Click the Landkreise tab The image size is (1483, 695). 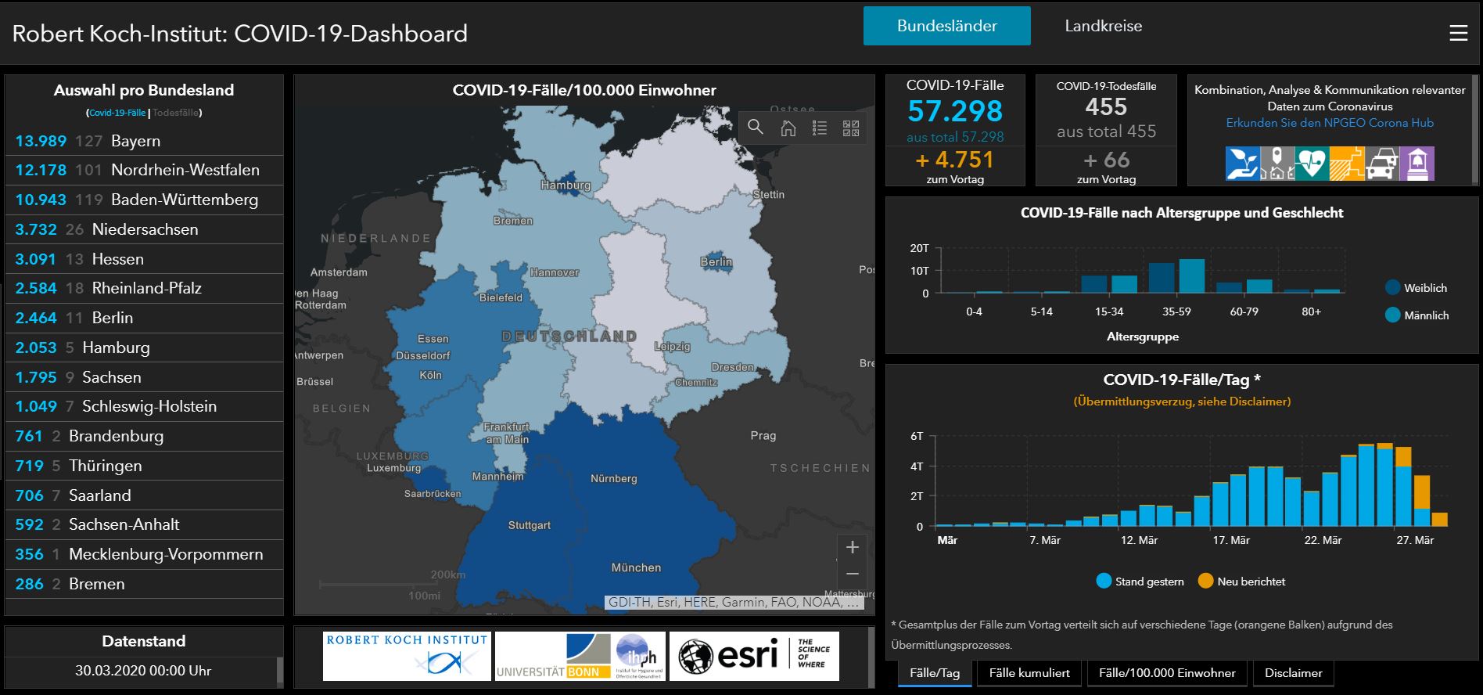pos(1103,26)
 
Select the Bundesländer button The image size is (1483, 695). pos(946,26)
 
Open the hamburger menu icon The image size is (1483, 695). pos(1458,34)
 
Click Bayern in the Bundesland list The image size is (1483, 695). pos(135,141)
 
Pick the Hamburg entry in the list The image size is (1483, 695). pos(116,347)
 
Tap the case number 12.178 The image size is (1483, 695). pos(41,170)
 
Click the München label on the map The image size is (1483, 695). pos(636,567)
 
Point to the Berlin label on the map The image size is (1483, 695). pos(716,262)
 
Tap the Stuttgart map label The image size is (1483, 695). pos(530,525)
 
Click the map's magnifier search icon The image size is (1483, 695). pos(755,127)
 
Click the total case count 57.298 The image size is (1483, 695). pos(954,111)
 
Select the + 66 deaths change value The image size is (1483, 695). pos(1106,160)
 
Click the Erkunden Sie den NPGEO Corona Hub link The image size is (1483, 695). pos(1330,123)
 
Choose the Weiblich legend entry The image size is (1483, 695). pos(1424,288)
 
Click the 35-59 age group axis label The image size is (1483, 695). pos(1176,311)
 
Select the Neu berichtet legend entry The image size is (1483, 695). pos(1250,582)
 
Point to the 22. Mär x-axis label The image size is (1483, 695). pos(1322,540)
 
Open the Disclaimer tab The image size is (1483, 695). pos(1293,673)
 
